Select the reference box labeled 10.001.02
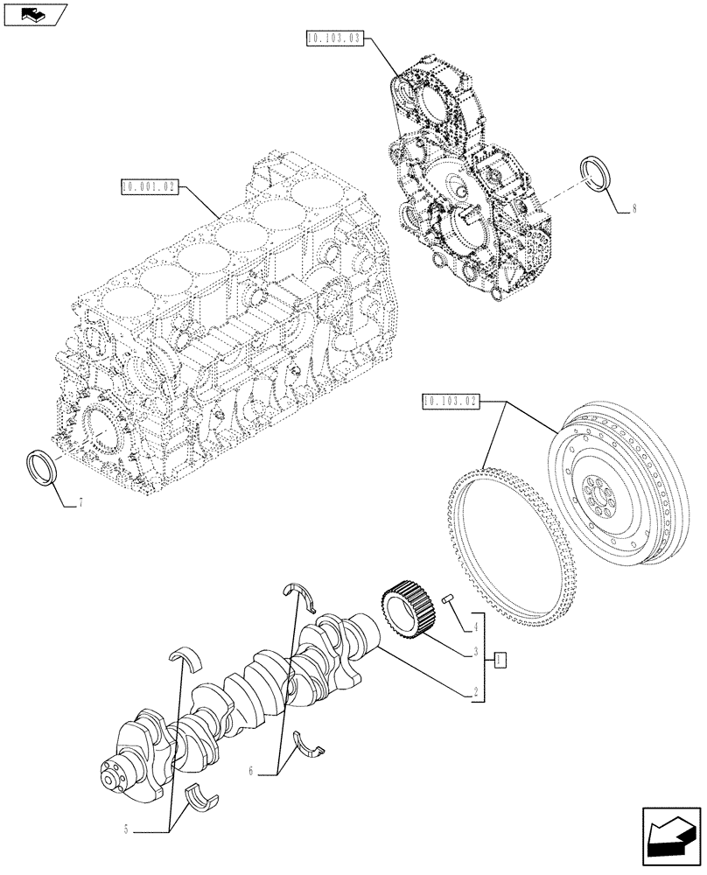coord(151,186)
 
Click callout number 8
coord(633,209)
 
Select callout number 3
coord(475,652)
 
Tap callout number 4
coord(475,626)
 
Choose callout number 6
coord(251,771)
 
